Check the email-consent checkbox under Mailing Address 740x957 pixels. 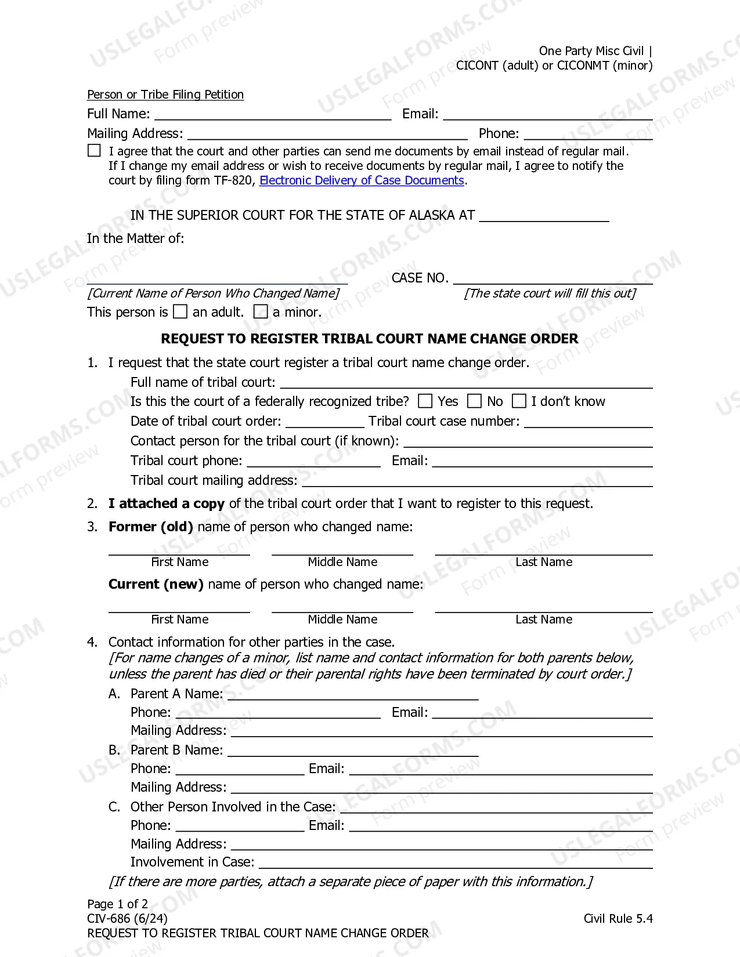coord(94,151)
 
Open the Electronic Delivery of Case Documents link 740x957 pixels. coord(362,180)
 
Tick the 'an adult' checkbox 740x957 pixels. coord(181,312)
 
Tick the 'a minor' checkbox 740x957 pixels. coord(261,312)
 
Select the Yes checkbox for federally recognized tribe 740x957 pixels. coord(425,401)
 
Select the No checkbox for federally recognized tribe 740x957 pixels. coord(475,401)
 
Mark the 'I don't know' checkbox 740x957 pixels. coord(519,401)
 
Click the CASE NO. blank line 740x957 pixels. coord(553,279)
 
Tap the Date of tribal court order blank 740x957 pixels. coord(324,422)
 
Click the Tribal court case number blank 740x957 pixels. coord(588,422)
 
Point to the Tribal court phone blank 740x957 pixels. coord(313,462)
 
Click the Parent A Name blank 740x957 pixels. coord(353,694)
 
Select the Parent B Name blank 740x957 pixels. coord(353,751)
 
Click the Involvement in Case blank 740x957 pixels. coord(456,863)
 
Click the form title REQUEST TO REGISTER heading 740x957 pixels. coord(370,339)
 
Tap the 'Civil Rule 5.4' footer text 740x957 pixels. coord(618,919)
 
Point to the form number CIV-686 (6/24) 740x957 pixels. coord(127,919)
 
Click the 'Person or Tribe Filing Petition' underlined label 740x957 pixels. coord(165,95)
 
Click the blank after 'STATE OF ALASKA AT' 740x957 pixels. coord(544,216)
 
